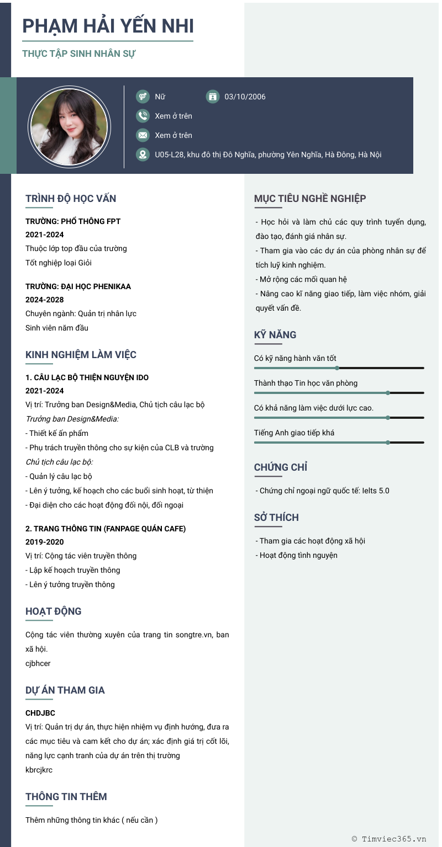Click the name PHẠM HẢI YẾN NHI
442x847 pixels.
click(108, 26)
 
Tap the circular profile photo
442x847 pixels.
click(69, 127)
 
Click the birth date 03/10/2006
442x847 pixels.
click(245, 97)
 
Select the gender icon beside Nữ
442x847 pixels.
click(143, 97)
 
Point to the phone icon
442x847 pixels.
click(143, 116)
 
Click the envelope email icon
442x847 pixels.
click(143, 135)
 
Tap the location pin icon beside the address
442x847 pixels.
click(143, 155)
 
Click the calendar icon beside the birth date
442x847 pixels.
click(212, 97)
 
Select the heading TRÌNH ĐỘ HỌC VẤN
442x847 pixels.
click(71, 199)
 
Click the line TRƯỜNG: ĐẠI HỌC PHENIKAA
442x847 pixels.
click(78, 286)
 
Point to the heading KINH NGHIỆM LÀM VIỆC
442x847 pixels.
click(81, 355)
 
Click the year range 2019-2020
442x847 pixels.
click(45, 542)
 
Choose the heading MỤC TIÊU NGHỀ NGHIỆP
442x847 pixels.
click(310, 199)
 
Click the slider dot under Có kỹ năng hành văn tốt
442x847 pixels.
click(337, 367)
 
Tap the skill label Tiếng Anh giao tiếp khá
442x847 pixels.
click(294, 433)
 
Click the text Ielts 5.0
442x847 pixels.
click(376, 491)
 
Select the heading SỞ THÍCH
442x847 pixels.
click(276, 518)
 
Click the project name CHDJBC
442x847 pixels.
click(40, 713)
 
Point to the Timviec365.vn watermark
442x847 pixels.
click(389, 839)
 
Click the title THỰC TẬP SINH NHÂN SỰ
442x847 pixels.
click(79, 54)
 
